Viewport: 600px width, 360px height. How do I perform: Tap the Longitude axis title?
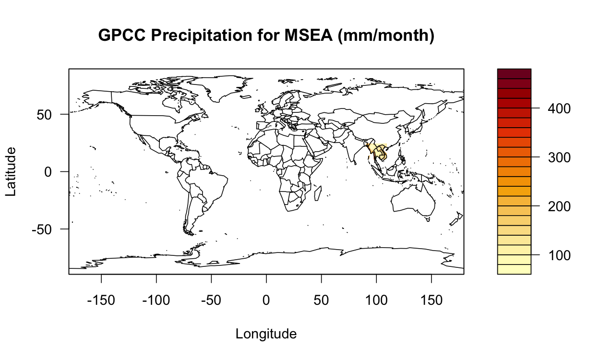pyautogui.click(x=266, y=334)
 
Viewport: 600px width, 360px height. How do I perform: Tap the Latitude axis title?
pyautogui.click(x=11, y=171)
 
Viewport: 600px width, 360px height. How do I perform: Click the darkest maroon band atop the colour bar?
pyautogui.click(x=514, y=73)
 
